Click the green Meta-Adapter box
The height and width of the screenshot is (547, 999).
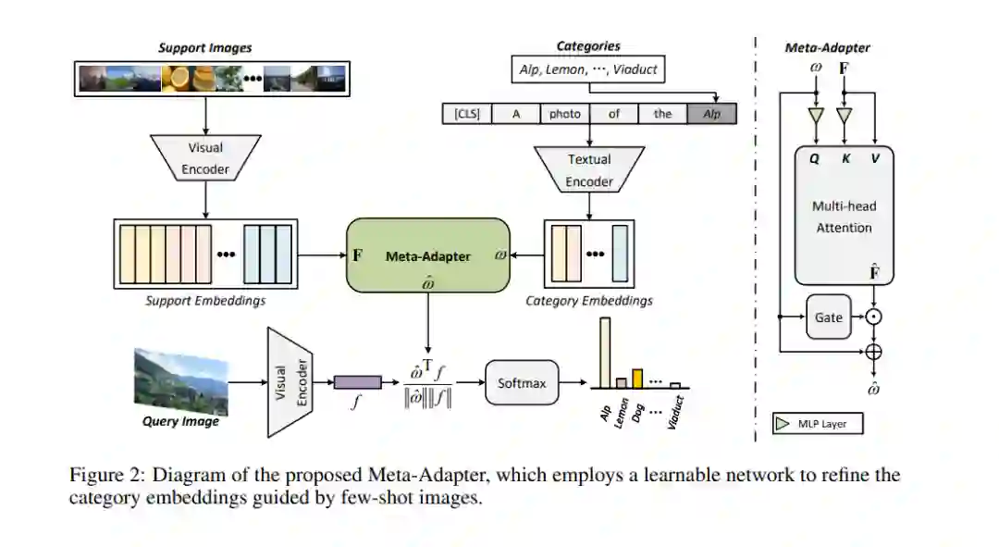[x=427, y=256]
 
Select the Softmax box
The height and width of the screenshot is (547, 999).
[x=522, y=382]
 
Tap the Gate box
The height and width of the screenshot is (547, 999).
[x=828, y=317]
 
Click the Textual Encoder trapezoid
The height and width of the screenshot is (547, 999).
[x=589, y=170]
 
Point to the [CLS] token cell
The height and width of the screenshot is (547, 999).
[x=466, y=114]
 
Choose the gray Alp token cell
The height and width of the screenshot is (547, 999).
[x=711, y=114]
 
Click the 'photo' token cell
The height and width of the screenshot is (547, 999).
[x=564, y=114]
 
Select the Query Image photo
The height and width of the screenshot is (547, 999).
[x=181, y=380]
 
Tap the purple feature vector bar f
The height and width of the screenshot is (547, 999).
[x=357, y=381]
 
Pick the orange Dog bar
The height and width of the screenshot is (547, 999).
[x=636, y=378]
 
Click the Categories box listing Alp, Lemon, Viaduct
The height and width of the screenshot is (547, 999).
[x=587, y=68]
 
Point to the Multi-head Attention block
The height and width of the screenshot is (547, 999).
[x=844, y=215]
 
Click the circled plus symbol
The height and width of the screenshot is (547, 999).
[x=872, y=352]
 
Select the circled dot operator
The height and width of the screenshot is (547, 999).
[x=872, y=317]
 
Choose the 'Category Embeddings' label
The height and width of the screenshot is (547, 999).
[x=588, y=301]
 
